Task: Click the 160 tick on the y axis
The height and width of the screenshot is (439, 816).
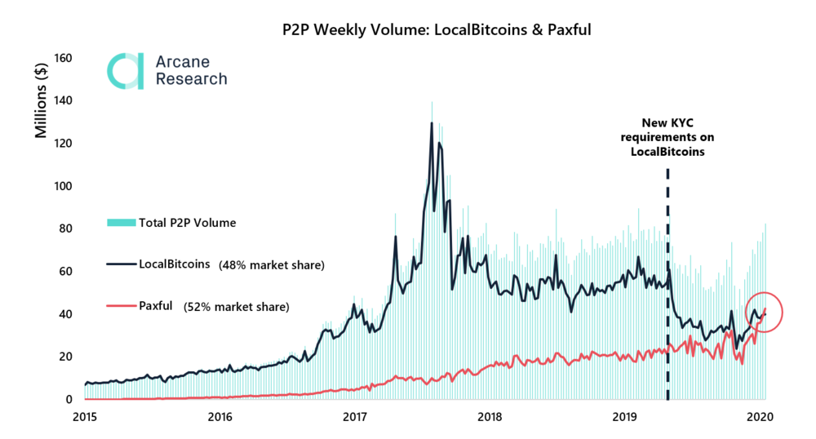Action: click(64, 59)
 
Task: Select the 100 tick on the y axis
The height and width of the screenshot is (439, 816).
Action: click(64, 186)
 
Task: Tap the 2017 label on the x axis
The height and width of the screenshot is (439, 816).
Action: click(355, 417)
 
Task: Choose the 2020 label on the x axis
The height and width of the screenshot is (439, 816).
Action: click(761, 417)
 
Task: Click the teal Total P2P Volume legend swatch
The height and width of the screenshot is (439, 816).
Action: click(120, 222)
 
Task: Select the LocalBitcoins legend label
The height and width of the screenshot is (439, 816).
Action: click(174, 264)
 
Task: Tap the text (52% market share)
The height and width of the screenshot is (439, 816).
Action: click(236, 307)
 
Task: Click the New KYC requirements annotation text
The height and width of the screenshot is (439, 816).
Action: click(667, 138)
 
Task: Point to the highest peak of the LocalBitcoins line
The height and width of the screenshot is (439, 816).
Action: click(432, 123)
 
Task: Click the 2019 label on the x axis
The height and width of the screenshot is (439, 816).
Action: click(625, 417)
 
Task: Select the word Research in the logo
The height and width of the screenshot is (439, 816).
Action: click(191, 79)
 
